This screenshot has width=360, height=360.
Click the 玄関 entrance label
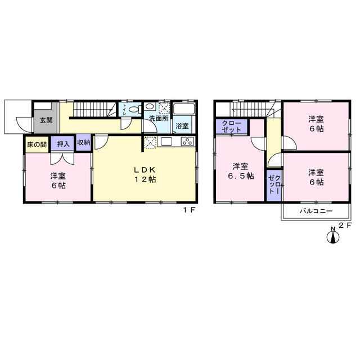pyautogui.click(x=46, y=120)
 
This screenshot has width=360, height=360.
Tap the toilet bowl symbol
pyautogui.click(x=135, y=109)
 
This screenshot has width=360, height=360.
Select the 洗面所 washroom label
pyautogui.click(x=159, y=119)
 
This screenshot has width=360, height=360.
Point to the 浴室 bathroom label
pyautogui.click(x=182, y=126)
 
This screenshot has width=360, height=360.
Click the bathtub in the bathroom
pyautogui.click(x=184, y=109)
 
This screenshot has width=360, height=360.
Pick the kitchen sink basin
pyautogui.click(x=166, y=142)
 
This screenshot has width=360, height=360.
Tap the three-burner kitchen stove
pyautogui.click(x=187, y=141)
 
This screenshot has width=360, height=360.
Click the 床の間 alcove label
pyautogui.click(x=37, y=145)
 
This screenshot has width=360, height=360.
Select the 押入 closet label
pyautogui.click(x=63, y=144)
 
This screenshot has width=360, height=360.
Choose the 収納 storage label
pyautogui.click(x=84, y=142)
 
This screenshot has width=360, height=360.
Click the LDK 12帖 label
pyautogui.click(x=145, y=174)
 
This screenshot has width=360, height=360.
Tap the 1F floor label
pyautogui.click(x=189, y=210)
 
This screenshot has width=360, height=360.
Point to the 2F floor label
pyautogui.click(x=345, y=225)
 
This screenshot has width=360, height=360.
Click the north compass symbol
pyautogui.click(x=332, y=236)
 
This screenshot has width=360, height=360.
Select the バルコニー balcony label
pyautogui.click(x=316, y=211)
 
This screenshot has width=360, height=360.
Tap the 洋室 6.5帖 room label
pyautogui.click(x=241, y=171)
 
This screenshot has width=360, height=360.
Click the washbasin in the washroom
pyautogui.click(x=150, y=106)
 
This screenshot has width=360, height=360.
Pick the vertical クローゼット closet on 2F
pyautogui.click(x=274, y=185)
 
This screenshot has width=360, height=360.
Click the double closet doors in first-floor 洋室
pyautogui.click(x=62, y=159)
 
